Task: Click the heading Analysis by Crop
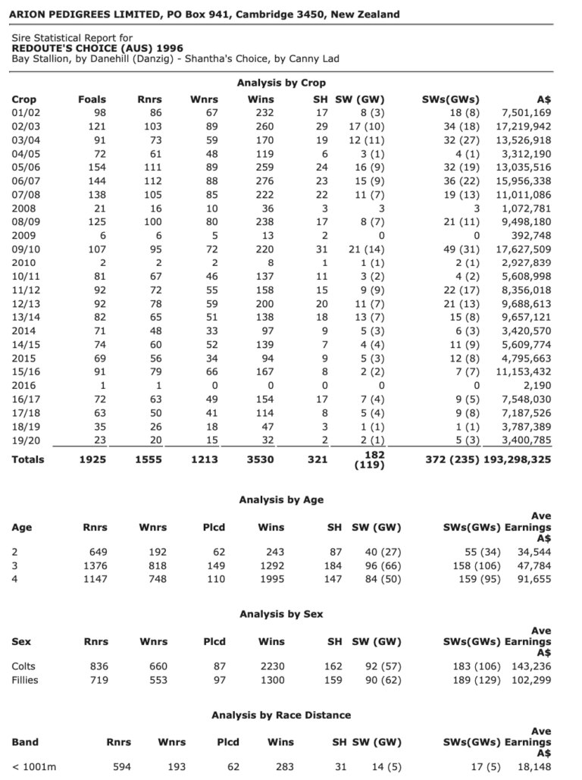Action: pyautogui.click(x=281, y=83)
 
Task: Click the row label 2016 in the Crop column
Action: pyautogui.click(x=25, y=386)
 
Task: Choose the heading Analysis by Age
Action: pyautogui.click(x=281, y=500)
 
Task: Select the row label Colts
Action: pyautogui.click(x=23, y=666)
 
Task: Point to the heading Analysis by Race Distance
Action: pyautogui.click(x=281, y=715)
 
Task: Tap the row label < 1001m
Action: pyautogui.click(x=34, y=767)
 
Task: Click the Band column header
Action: pyautogui.click(x=25, y=742)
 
